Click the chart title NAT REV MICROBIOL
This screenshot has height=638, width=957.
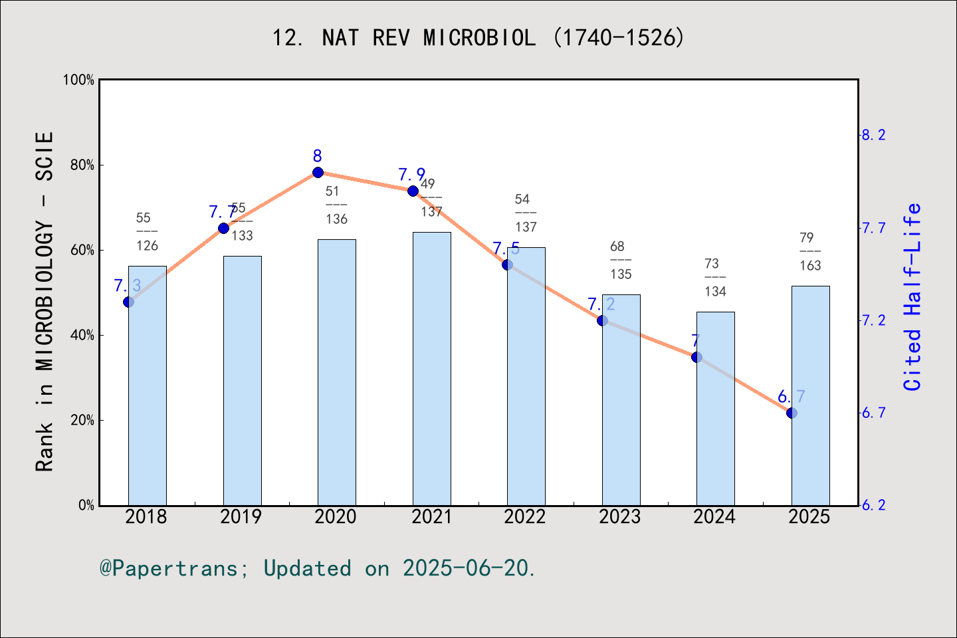click(x=478, y=38)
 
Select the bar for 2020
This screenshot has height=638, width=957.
click(x=336, y=372)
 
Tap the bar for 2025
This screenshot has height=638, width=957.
click(x=810, y=395)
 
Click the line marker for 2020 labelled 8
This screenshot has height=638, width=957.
click(x=318, y=173)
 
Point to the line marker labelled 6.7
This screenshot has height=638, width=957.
click(x=792, y=413)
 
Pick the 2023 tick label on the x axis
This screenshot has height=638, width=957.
click(x=619, y=517)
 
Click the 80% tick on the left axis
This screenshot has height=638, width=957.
click(x=82, y=165)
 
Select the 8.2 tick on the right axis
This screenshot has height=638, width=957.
click(x=873, y=136)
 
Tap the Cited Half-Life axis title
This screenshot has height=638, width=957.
click(x=912, y=296)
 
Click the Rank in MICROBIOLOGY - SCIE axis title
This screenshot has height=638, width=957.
click(x=45, y=301)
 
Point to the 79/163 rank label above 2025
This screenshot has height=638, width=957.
click(x=809, y=252)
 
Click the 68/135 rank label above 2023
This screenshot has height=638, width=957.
click(x=620, y=261)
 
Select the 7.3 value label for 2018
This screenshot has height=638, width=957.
click(x=127, y=286)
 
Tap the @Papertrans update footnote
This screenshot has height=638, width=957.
click(x=318, y=568)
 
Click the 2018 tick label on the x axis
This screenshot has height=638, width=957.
click(x=146, y=517)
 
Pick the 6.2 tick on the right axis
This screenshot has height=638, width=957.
click(x=873, y=506)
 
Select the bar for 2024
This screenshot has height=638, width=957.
click(x=715, y=409)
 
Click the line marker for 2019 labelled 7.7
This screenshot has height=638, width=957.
click(x=223, y=228)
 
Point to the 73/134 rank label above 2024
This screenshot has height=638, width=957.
click(x=715, y=278)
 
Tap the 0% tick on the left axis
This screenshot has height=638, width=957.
click(x=86, y=506)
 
